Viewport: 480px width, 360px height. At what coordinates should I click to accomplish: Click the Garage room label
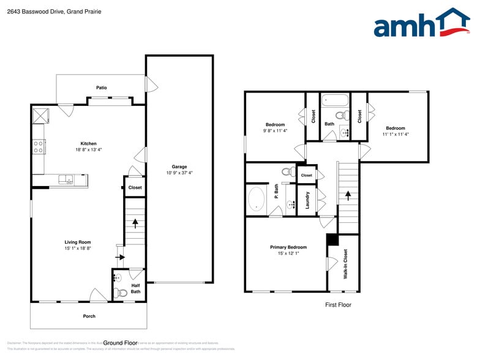click(x=179, y=167)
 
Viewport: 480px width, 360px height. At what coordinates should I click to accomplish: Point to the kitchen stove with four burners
click(x=39, y=146)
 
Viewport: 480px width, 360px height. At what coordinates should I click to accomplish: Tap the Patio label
click(x=102, y=88)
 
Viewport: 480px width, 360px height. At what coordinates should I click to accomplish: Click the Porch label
click(x=89, y=316)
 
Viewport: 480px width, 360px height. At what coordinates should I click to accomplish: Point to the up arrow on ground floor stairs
click(x=135, y=223)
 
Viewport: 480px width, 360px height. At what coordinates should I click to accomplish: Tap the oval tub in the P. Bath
click(x=257, y=200)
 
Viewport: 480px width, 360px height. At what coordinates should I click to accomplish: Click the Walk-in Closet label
click(x=345, y=264)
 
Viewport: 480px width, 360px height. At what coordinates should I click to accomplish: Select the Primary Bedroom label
click(x=288, y=247)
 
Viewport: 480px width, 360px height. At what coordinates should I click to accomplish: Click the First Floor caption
click(x=338, y=304)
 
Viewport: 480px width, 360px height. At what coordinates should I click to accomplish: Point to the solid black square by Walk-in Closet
click(x=332, y=240)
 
